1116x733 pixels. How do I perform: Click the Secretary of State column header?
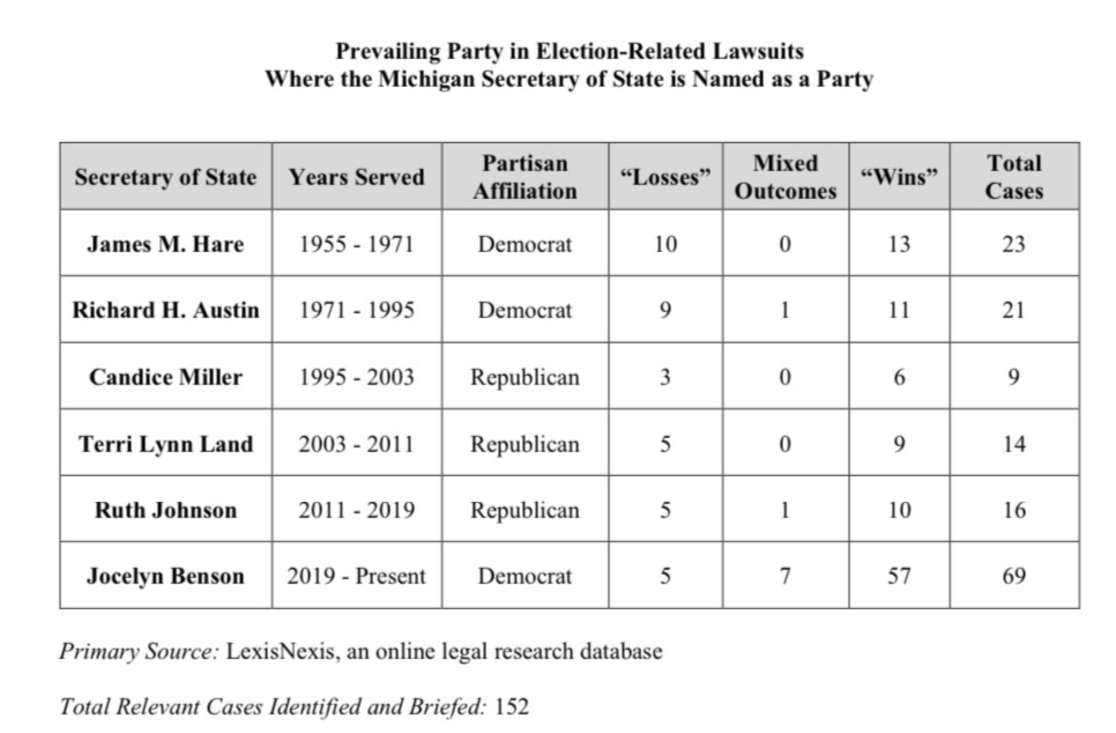pyautogui.click(x=165, y=177)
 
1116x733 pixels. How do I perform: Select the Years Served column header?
pyautogui.click(x=356, y=177)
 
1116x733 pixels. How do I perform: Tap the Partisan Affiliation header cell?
pyautogui.click(x=524, y=177)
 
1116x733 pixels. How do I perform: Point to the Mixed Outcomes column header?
pyautogui.click(x=785, y=177)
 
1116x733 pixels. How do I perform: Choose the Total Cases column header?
pyautogui.click(x=1014, y=177)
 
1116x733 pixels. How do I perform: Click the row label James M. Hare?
pyautogui.click(x=165, y=244)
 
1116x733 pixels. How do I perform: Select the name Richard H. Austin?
pyautogui.click(x=165, y=310)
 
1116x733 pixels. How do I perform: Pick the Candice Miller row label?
pyautogui.click(x=165, y=377)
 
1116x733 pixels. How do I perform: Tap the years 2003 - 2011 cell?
pyautogui.click(x=356, y=444)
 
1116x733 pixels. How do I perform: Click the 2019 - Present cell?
pyautogui.click(x=356, y=576)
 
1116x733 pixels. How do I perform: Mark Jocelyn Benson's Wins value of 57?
pyautogui.click(x=899, y=576)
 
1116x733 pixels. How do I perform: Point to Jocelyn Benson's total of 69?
pyautogui.click(x=1014, y=576)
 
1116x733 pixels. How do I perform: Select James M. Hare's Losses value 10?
pyautogui.click(x=665, y=244)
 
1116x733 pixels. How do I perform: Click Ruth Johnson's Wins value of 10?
pyautogui.click(x=899, y=510)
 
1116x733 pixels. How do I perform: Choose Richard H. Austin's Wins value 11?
pyautogui.click(x=899, y=310)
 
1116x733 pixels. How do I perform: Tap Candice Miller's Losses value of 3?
pyautogui.click(x=665, y=377)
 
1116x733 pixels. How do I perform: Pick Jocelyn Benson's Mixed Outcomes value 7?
pyautogui.click(x=785, y=576)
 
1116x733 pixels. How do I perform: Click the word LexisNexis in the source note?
pyautogui.click(x=280, y=651)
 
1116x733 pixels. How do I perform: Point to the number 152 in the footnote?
pyautogui.click(x=512, y=706)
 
